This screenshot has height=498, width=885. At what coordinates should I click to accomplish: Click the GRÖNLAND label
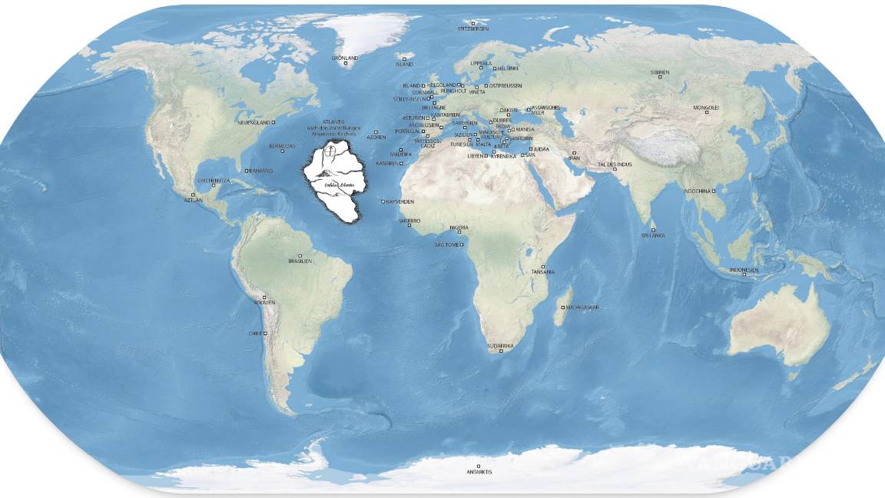[345, 58]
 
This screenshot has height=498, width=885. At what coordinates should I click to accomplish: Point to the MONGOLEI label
[706, 108]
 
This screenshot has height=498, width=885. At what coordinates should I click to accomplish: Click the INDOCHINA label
[697, 191]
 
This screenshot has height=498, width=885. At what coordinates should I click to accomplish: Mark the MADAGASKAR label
[582, 307]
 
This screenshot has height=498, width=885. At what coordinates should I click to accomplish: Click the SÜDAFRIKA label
[500, 347]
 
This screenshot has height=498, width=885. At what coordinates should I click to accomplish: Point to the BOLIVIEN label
[264, 302]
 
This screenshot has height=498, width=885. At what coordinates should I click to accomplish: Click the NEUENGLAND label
[255, 122]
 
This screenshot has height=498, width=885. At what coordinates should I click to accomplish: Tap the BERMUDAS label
[282, 145]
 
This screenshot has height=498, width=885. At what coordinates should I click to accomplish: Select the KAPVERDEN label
[400, 201]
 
